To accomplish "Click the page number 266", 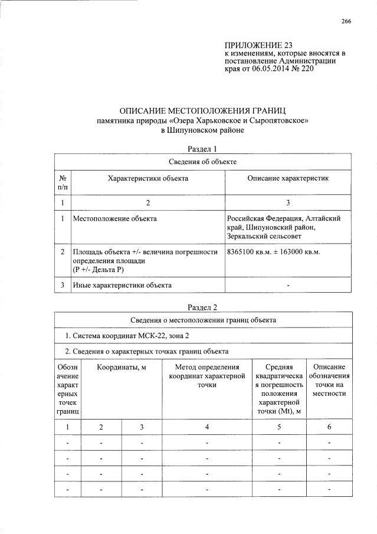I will [x=346, y=22].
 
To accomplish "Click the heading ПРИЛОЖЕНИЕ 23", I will [x=258, y=45].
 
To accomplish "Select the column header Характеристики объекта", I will [x=147, y=178].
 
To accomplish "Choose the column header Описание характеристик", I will [x=287, y=178].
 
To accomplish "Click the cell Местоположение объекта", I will [x=114, y=219].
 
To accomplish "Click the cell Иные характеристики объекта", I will [x=122, y=285].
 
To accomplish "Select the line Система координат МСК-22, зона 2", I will [x=126, y=336].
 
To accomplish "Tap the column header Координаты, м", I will [x=121, y=368].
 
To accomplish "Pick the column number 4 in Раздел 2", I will [x=206, y=427].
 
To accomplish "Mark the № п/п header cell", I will [x=63, y=182].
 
